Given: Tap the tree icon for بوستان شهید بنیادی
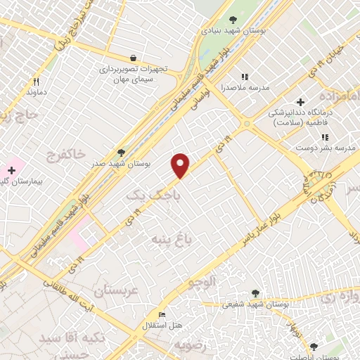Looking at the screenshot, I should (233, 20).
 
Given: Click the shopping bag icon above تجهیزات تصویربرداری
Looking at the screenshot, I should (133, 58).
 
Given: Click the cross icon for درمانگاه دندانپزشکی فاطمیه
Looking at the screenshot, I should (301, 103).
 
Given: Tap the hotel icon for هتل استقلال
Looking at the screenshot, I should (162, 315).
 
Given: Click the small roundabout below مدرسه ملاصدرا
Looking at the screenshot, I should (245, 124).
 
